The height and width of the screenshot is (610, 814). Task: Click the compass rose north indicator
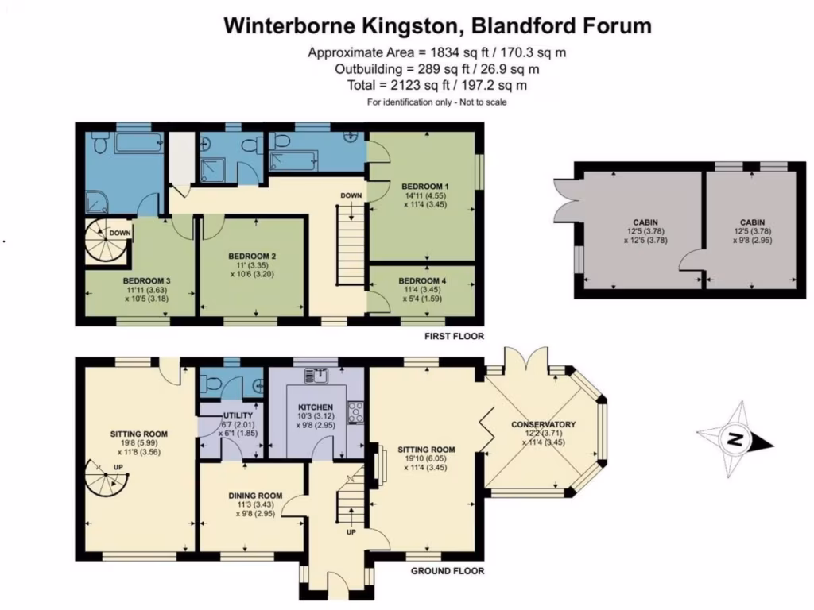coord(735,438)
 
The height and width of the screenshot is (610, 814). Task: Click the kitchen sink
coord(316,373)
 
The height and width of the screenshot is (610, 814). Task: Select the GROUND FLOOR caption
coord(447,570)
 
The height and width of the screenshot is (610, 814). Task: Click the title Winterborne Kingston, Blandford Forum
coord(437,26)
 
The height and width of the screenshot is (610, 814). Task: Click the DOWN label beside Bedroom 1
coord(351,195)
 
